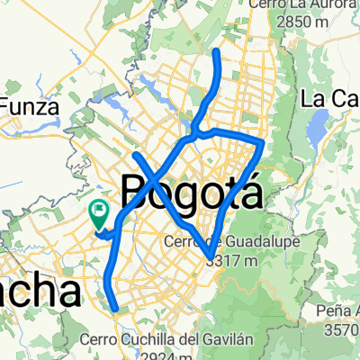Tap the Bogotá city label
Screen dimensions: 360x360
click(191, 191)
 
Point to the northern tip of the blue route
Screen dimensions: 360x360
click(216, 52)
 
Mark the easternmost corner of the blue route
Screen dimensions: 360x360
click(262, 142)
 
